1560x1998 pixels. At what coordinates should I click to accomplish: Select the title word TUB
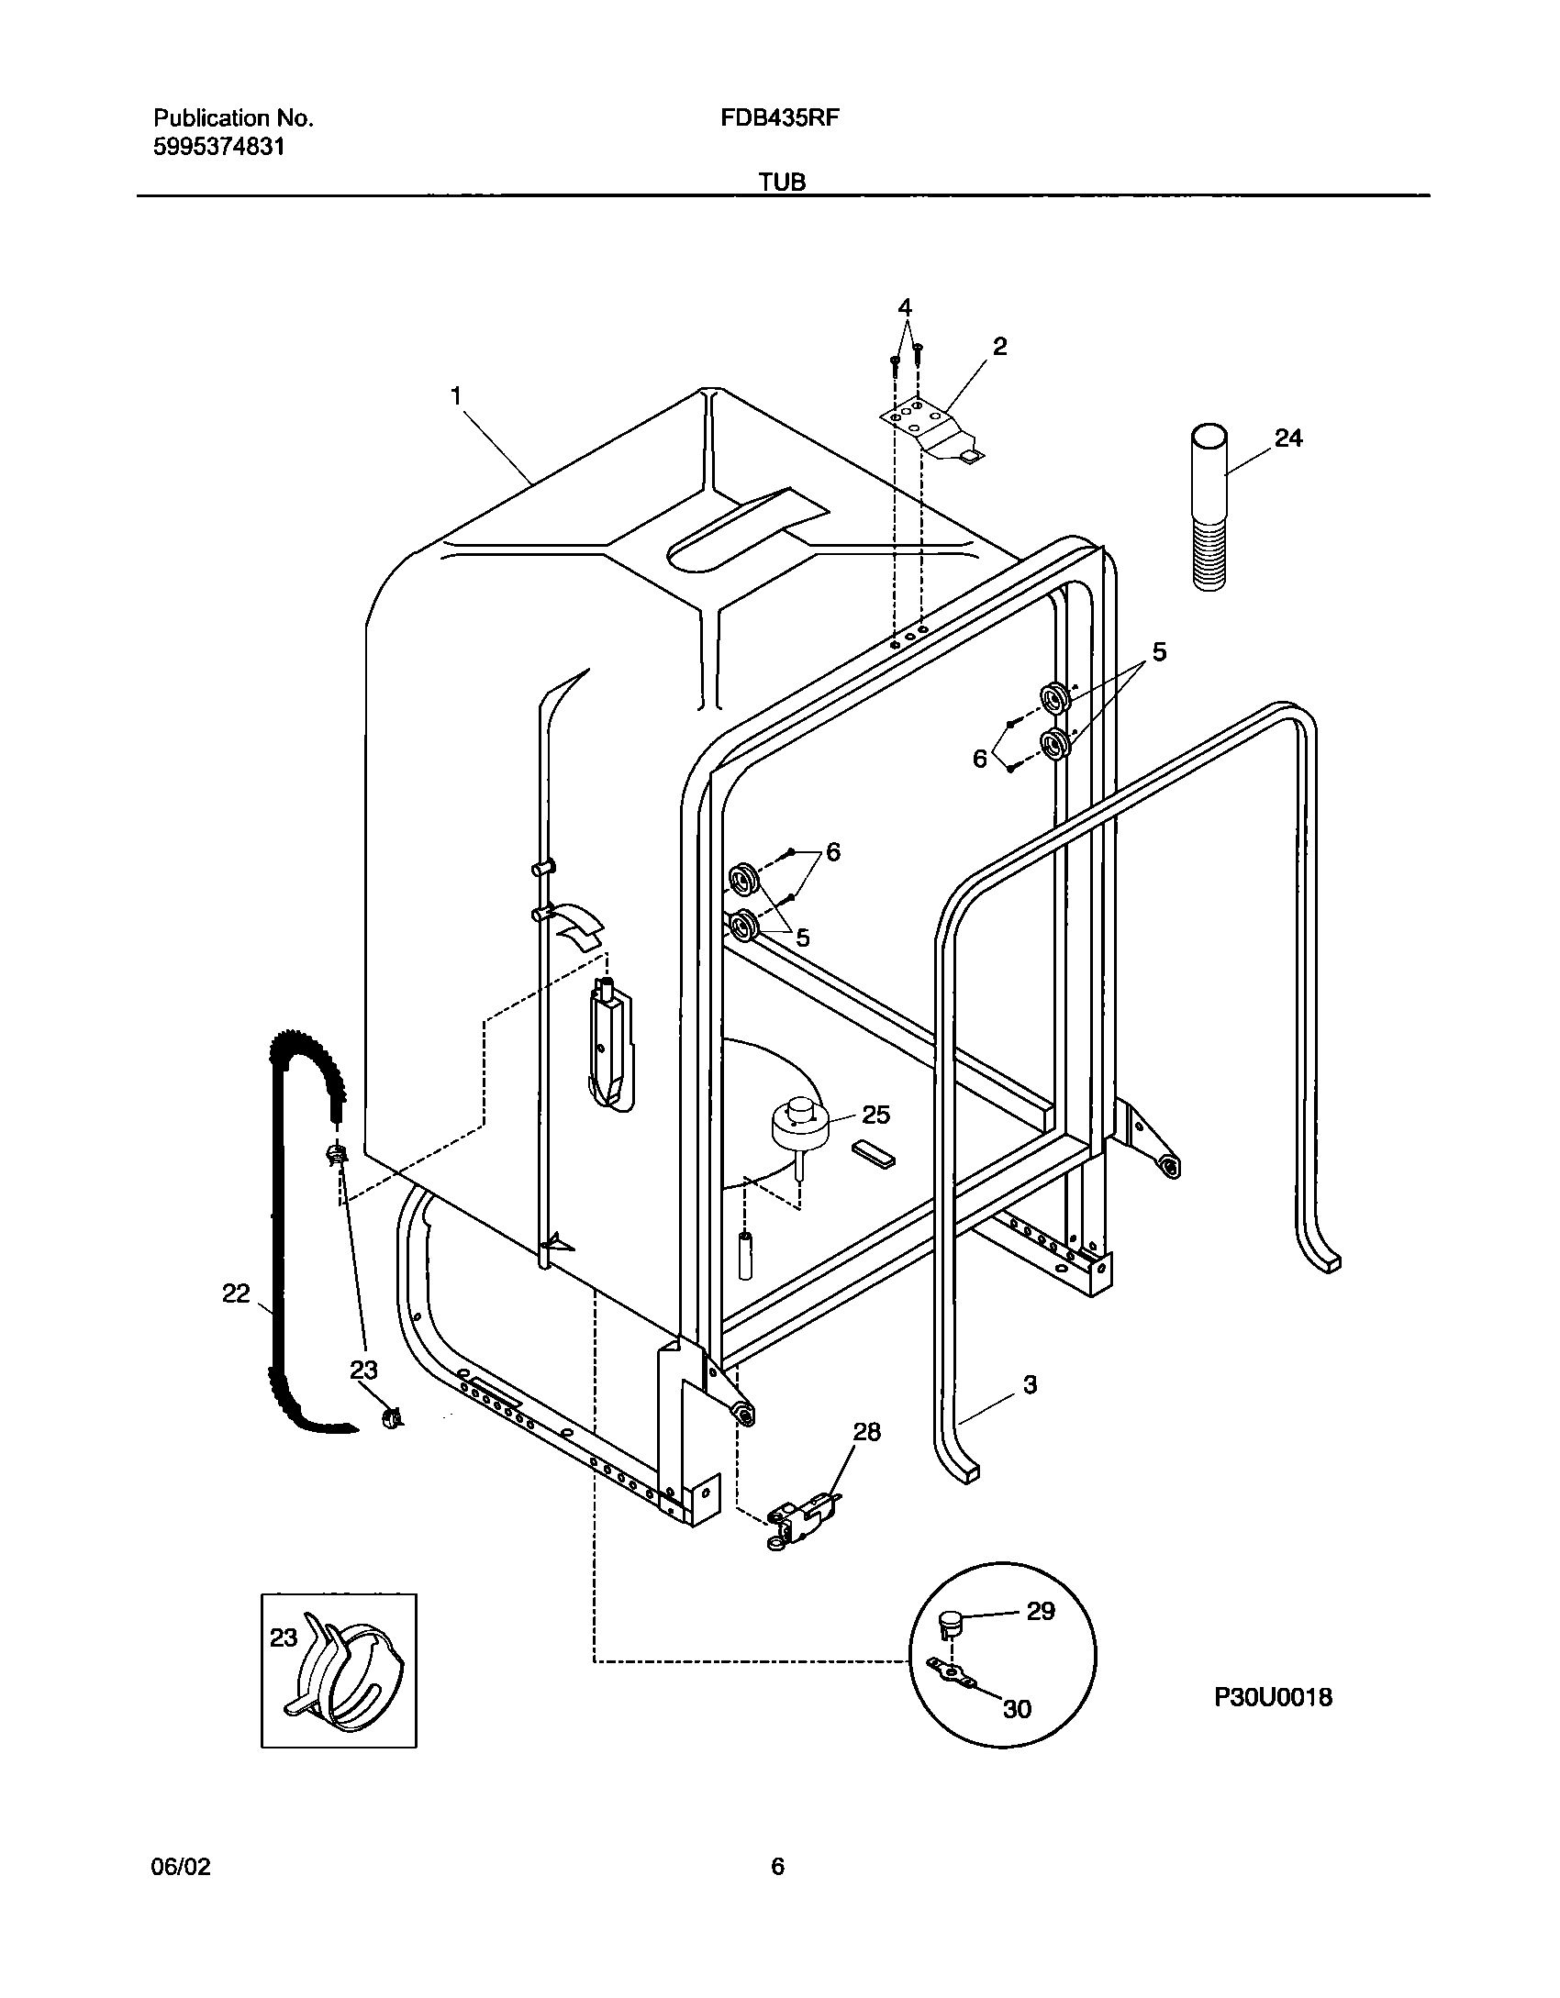(x=782, y=183)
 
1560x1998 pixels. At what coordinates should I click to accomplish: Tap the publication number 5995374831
(x=218, y=147)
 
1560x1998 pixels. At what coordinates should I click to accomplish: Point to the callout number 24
(x=1288, y=438)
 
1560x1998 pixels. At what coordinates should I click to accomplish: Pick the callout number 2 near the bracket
(x=999, y=347)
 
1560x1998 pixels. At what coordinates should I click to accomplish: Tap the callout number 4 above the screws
(x=905, y=306)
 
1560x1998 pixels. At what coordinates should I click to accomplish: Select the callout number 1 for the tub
(x=455, y=396)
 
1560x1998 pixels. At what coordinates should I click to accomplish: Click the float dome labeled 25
(x=799, y=1124)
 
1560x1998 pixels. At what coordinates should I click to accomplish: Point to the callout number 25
(x=875, y=1115)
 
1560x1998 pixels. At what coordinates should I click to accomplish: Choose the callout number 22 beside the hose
(x=236, y=1293)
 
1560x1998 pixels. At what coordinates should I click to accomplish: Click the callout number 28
(x=866, y=1432)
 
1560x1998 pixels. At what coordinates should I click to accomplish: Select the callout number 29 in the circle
(x=1041, y=1611)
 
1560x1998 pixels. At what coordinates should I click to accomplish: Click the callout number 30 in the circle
(x=1017, y=1708)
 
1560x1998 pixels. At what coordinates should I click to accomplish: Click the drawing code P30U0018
(x=1273, y=1697)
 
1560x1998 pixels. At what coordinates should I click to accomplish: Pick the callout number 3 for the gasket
(x=1029, y=1384)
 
